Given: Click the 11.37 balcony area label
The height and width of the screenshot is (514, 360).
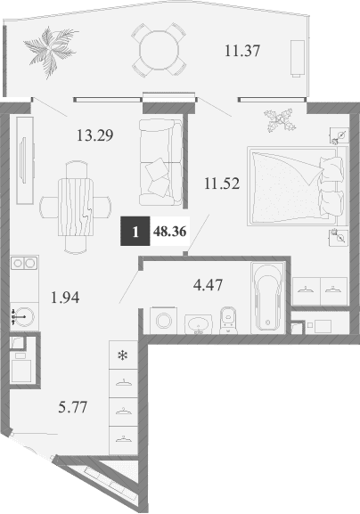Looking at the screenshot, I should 241,52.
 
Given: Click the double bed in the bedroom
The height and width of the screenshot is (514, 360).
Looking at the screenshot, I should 295,184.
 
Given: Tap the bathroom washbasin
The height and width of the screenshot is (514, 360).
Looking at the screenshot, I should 197,322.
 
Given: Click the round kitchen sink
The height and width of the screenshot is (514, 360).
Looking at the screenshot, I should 24,316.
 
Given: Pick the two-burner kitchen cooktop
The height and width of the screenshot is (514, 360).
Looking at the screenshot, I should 22,265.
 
